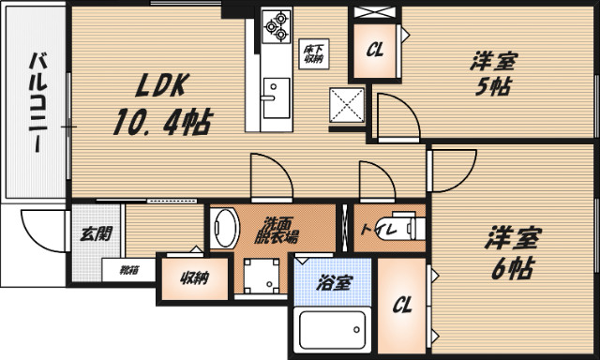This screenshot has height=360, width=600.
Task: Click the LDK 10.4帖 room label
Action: pos(160,106)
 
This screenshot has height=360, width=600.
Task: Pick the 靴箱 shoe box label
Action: pos(128,270)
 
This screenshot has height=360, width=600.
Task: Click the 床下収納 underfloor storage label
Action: pos(312,54)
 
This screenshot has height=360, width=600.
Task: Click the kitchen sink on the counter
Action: pos(275,97)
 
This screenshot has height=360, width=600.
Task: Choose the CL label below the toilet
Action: pos(401,305)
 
